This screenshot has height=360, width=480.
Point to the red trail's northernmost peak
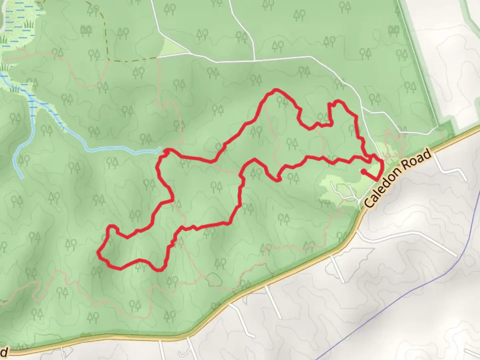276,90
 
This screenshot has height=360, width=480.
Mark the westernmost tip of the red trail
98,253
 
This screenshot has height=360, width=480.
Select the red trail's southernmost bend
159,270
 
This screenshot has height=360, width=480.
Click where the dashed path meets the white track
157,58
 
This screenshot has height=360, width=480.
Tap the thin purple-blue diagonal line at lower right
400,300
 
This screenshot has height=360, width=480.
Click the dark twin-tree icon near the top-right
394,31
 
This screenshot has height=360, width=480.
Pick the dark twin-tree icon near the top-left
86,31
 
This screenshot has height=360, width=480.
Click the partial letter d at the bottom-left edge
4,352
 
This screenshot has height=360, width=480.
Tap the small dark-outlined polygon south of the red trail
213,278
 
